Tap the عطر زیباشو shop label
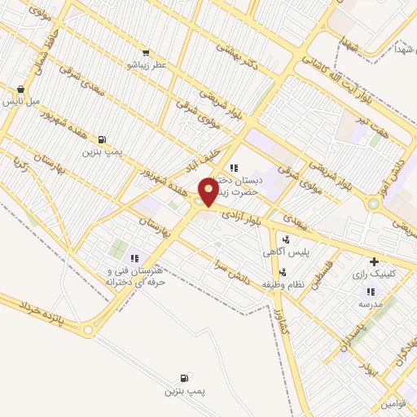pyautogui.click(x=146, y=64)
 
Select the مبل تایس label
pyautogui.click(x=21, y=102)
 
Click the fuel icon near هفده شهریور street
pyautogui.click(x=102, y=139)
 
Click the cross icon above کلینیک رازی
pyautogui.click(x=374, y=262)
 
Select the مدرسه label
pyautogui.click(x=370, y=303)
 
